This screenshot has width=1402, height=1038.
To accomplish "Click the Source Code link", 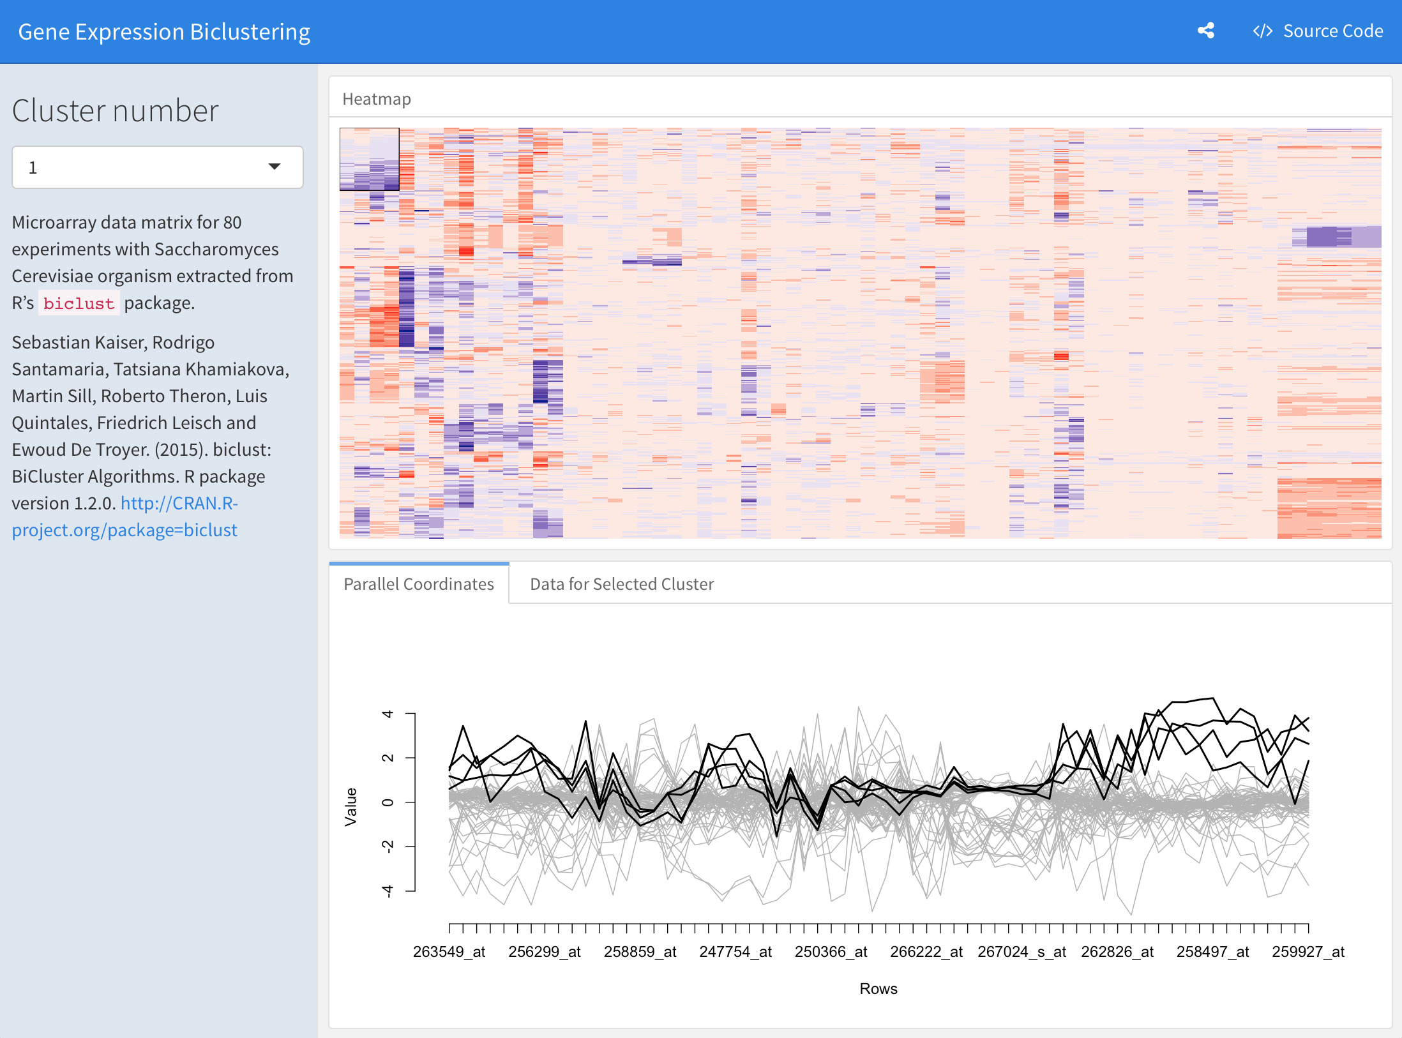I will tap(1318, 31).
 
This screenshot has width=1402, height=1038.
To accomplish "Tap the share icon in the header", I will tap(1205, 31).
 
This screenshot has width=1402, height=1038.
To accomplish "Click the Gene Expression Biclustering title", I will tap(164, 32).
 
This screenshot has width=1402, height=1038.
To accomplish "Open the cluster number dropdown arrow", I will tap(275, 167).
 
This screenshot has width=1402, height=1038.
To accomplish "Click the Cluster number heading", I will tap(116, 111).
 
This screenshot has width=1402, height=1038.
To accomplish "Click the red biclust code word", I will tap(79, 304).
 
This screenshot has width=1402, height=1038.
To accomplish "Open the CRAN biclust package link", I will tap(124, 516).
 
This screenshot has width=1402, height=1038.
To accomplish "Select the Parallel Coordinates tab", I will tap(419, 584).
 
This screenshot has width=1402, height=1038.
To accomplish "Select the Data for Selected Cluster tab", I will tap(622, 584).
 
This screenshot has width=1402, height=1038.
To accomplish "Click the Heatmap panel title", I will tap(377, 99).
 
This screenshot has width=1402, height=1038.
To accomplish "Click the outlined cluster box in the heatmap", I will tap(369, 159).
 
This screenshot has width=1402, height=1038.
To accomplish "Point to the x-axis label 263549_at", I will tap(449, 952).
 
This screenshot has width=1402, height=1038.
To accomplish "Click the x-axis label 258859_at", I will tap(640, 952).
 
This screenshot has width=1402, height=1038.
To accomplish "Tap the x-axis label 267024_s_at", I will tap(1021, 952).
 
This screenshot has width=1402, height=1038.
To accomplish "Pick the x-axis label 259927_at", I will tap(1308, 952).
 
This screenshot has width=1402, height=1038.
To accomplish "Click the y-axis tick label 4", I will tap(388, 714).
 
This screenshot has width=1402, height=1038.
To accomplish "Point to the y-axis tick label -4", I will tap(388, 891).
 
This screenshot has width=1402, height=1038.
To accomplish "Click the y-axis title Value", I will tap(351, 807).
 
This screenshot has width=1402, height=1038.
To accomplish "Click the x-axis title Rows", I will tap(878, 989).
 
